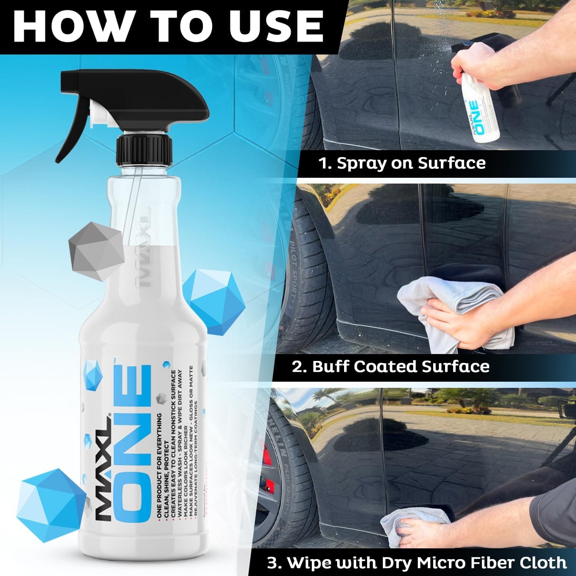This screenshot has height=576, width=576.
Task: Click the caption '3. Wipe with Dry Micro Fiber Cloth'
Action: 417,563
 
